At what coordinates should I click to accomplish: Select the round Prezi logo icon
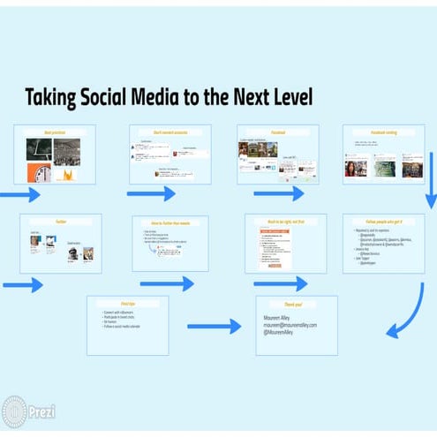point(14,411)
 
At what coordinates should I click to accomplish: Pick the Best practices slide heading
point(55,132)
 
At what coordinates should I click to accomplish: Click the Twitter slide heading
point(61,222)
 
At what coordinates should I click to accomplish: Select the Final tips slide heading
point(127,303)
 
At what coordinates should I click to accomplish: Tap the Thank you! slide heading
point(297,303)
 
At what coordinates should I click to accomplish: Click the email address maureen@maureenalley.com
point(290,325)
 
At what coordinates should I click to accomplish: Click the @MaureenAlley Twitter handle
point(283,333)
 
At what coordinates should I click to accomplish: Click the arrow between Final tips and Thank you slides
point(215,326)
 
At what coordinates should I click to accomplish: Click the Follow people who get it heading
point(383,222)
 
